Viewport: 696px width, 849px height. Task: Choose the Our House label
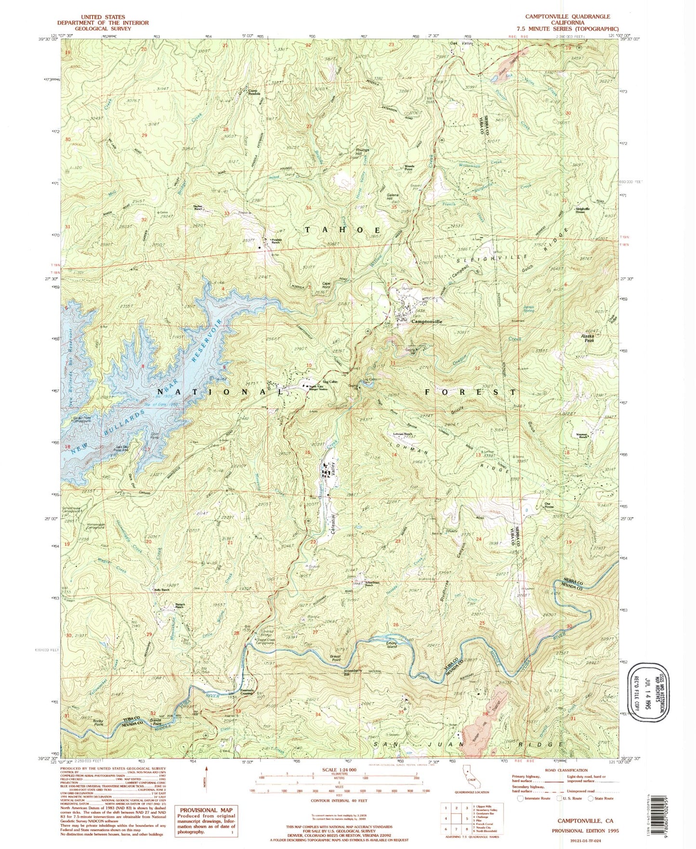[549, 506]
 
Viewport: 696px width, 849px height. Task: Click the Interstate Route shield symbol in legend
[520, 798]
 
